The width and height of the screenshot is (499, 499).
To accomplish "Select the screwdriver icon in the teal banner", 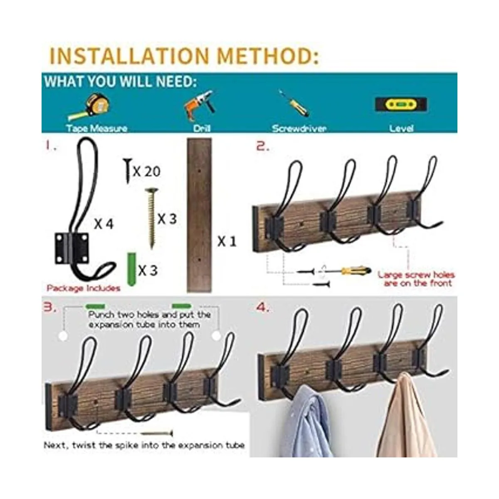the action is click(294, 103).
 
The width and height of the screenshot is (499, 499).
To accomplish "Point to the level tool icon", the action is click(401, 105).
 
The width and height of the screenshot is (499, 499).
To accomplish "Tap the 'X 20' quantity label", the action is click(146, 171).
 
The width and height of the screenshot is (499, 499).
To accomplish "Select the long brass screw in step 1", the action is click(151, 218).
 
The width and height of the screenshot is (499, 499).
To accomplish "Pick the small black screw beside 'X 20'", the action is click(128, 171).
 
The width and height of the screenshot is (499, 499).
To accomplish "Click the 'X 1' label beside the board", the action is click(227, 242).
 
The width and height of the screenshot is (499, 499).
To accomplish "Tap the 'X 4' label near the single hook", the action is click(104, 224).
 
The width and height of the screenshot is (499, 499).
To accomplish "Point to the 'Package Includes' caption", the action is click(84, 288).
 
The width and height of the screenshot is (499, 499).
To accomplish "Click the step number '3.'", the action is click(49, 307).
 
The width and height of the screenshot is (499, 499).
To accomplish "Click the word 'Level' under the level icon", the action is click(401, 128).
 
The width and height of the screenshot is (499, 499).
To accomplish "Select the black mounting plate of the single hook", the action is click(72, 248).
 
